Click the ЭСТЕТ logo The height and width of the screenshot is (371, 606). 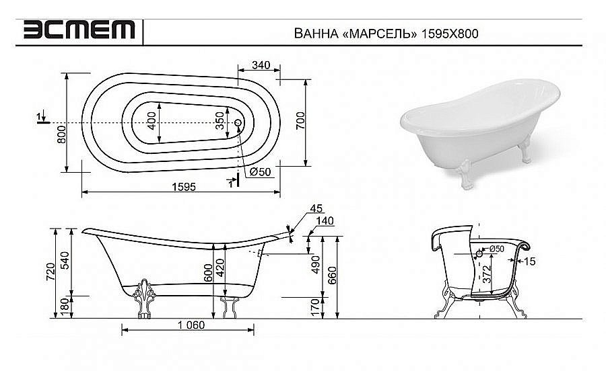click(79, 30)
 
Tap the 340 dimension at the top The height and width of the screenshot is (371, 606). click(261, 65)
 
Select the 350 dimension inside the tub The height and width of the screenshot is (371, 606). click(220, 122)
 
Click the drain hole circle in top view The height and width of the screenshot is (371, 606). click(238, 123)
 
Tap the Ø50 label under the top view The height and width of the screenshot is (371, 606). click(260, 172)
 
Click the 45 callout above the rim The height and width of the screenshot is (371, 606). click(318, 208)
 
